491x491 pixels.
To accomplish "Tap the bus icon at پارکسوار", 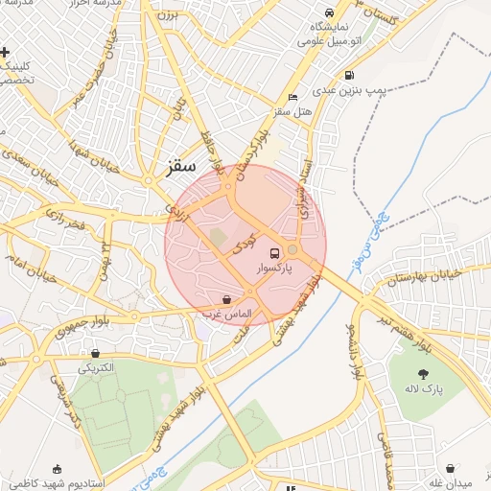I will (275, 254).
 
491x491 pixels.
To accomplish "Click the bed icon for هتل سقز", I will (292, 98).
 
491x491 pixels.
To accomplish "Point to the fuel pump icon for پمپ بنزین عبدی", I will (348, 75).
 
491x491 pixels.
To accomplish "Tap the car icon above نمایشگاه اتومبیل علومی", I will (330, 13).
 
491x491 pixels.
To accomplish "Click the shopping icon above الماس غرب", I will (226, 299).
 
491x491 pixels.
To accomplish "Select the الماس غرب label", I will (226, 314).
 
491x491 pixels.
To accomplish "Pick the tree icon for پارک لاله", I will (422, 373).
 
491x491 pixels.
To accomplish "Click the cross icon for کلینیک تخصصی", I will (6, 51).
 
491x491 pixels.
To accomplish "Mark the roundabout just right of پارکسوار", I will (292, 250).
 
